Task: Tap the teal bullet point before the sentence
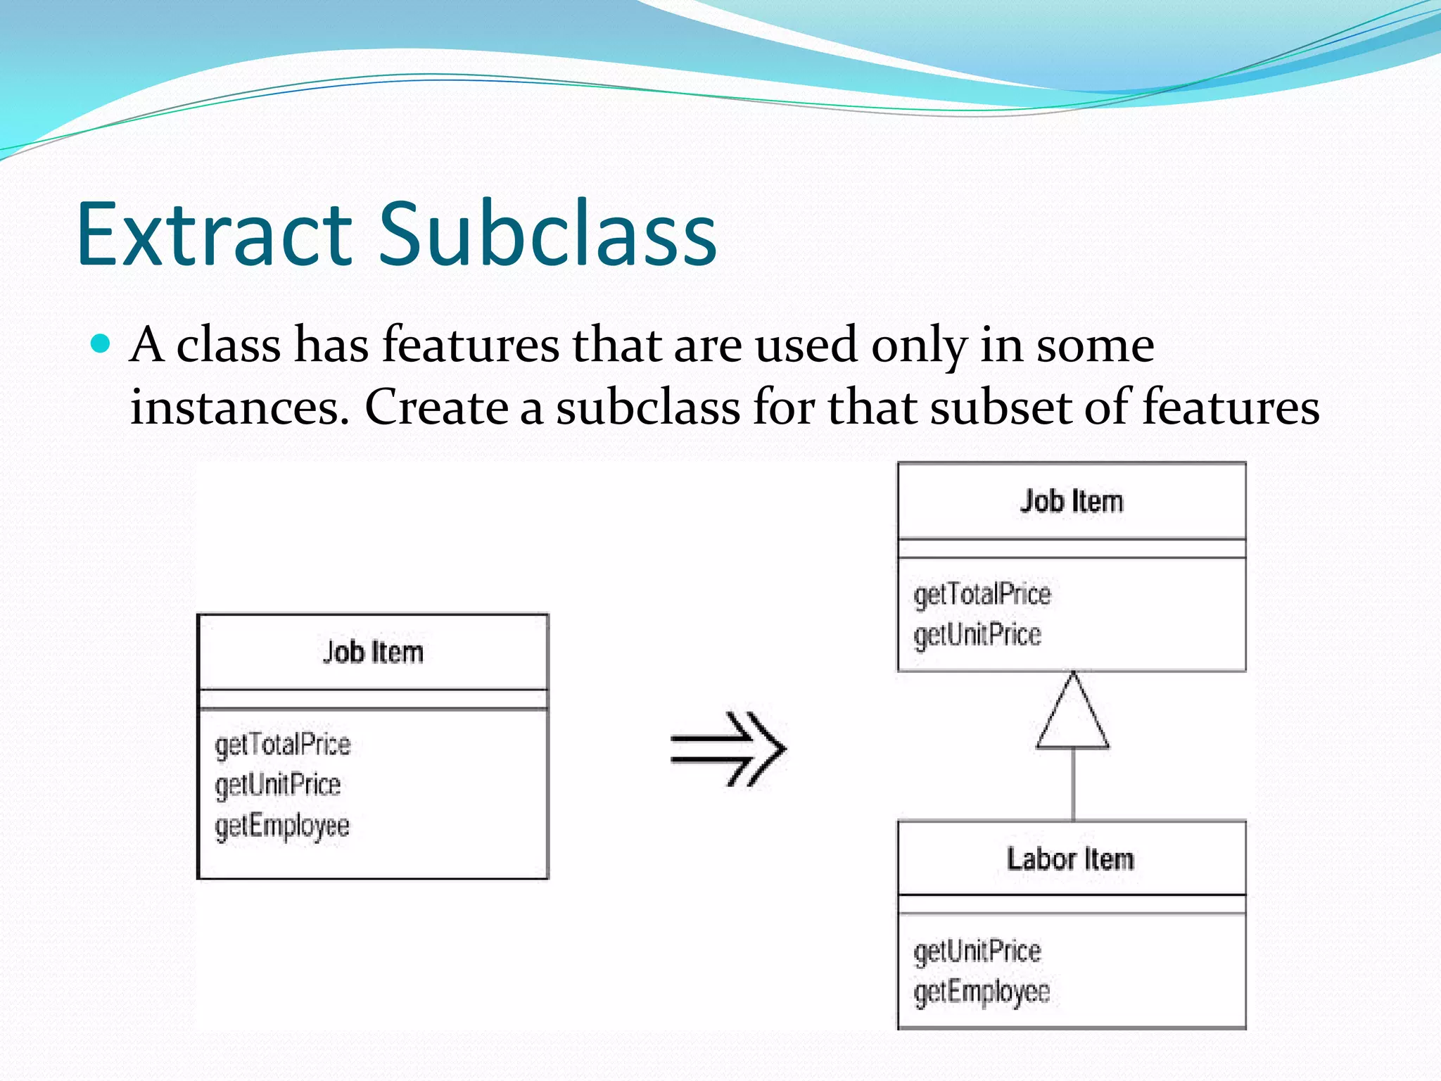101,343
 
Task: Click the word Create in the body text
436,407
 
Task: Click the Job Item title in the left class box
373,652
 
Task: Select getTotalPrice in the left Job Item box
282,745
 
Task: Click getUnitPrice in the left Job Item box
278,785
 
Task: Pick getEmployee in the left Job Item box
282,826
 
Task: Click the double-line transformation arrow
728,749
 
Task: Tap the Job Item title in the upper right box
1072,501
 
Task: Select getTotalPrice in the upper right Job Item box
982,595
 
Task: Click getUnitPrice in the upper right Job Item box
977,635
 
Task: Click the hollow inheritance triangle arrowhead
1072,714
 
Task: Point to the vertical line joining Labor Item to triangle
1073,785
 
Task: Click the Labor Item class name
1070,859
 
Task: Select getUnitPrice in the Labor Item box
977,952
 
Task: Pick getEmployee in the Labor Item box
982,992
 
